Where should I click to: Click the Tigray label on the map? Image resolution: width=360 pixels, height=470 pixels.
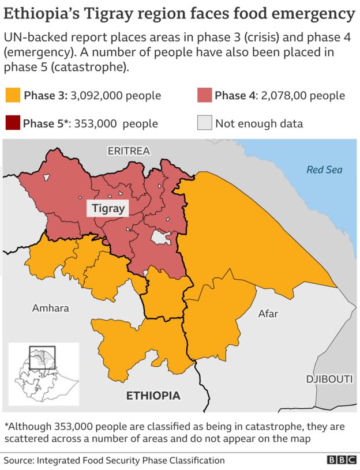click(x=108, y=208)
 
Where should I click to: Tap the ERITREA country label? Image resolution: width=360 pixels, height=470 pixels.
click(x=128, y=151)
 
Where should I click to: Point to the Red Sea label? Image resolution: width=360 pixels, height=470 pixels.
click(x=324, y=170)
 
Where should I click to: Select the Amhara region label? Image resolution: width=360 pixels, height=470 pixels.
click(x=50, y=308)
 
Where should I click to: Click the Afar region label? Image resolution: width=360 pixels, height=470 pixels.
click(x=268, y=314)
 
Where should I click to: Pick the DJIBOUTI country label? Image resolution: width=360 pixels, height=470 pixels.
click(x=329, y=379)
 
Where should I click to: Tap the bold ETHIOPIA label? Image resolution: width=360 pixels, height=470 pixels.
click(x=153, y=396)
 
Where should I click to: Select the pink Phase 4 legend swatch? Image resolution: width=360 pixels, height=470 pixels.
click(x=204, y=96)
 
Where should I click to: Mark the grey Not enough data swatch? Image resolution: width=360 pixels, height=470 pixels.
click(x=204, y=123)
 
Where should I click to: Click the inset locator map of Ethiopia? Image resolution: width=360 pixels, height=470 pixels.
click(x=43, y=374)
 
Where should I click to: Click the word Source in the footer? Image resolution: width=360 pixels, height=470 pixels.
click(x=19, y=460)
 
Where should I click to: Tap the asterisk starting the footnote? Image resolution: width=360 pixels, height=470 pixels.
click(x=6, y=427)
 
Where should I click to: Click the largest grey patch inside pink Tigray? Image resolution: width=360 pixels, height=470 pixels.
click(x=160, y=237)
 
